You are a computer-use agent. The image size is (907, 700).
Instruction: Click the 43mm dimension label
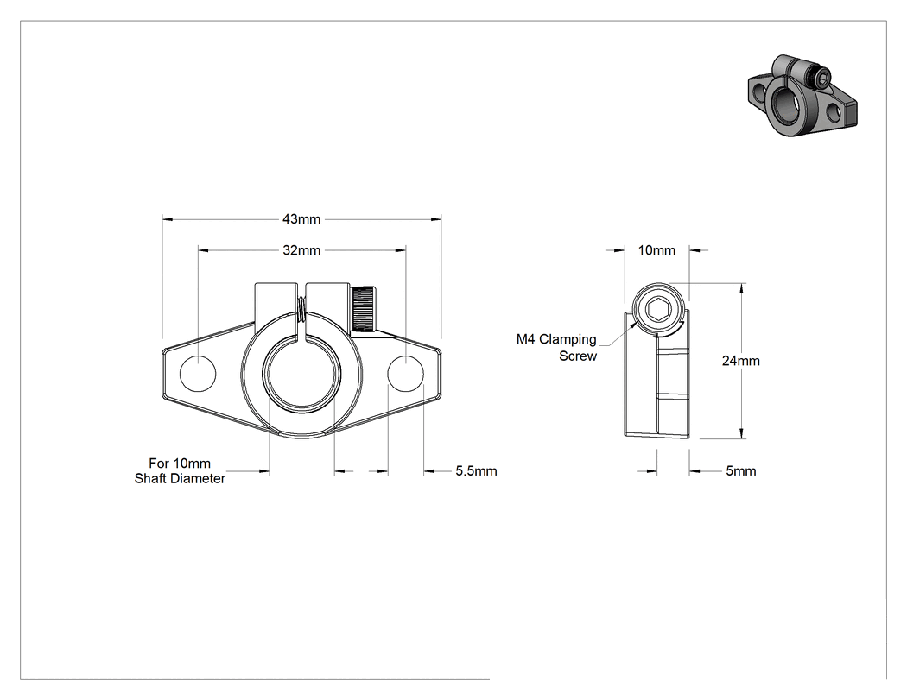click(x=301, y=219)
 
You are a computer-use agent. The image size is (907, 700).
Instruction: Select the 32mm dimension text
click(x=301, y=250)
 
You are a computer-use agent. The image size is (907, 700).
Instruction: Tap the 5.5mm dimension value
click(x=476, y=471)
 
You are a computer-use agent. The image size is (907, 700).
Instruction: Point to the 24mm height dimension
click(x=741, y=361)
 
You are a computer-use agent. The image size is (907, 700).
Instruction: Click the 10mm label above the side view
click(x=656, y=250)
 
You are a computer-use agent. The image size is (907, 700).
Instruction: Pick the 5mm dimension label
click(x=741, y=471)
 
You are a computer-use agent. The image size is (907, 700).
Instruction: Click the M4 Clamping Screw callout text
click(x=556, y=347)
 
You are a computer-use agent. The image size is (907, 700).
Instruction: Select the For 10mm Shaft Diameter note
click(x=180, y=470)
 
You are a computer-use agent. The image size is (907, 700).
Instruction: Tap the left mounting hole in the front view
click(x=198, y=374)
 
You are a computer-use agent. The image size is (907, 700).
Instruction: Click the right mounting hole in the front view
click(x=405, y=374)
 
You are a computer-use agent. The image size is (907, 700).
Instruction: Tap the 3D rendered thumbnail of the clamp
click(x=802, y=96)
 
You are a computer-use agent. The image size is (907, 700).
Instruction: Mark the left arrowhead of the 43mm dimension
click(x=168, y=219)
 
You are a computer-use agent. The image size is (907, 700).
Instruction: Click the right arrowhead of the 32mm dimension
click(x=400, y=250)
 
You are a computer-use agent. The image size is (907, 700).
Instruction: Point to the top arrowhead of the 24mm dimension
click(x=741, y=289)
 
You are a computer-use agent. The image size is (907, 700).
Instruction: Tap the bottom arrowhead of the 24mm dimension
click(x=741, y=433)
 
